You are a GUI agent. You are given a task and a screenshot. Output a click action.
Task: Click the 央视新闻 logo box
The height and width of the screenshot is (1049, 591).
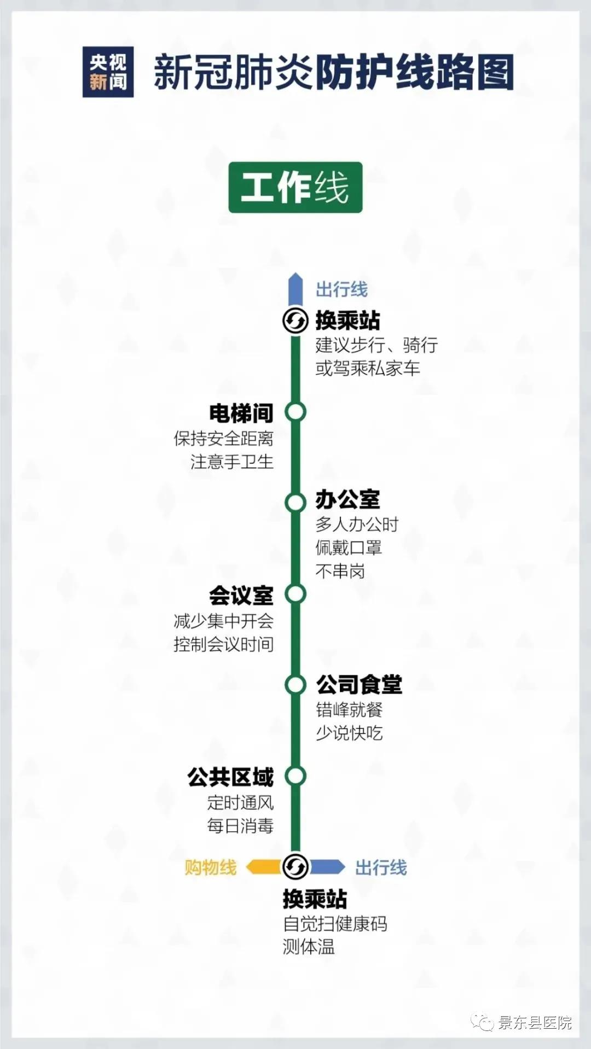108,72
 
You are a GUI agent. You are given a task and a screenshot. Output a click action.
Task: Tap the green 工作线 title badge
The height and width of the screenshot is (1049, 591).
296,187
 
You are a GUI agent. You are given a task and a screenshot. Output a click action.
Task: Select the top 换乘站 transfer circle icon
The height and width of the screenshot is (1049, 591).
296,320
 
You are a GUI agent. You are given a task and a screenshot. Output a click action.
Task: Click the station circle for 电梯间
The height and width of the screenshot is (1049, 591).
296,412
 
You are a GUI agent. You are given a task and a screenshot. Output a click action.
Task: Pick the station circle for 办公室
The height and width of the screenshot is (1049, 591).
296,503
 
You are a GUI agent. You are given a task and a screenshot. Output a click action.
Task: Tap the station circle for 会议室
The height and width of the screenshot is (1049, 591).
296,593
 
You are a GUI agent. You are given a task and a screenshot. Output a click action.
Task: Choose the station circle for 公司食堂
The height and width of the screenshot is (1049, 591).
296,684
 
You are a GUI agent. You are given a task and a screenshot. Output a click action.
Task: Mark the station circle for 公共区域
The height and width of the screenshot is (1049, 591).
296,776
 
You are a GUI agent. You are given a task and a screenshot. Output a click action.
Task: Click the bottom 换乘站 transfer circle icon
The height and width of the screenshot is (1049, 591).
296,866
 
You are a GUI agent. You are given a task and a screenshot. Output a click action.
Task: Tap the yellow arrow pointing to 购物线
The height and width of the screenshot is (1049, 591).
263,867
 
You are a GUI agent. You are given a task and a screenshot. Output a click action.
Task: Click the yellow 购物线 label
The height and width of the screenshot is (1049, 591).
211,867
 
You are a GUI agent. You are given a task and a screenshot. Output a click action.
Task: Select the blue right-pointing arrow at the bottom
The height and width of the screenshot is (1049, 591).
327,867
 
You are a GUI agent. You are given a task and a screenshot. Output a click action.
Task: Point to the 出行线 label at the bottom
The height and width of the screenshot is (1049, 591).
381,867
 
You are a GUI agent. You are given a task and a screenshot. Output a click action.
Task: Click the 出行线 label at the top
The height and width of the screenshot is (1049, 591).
341,289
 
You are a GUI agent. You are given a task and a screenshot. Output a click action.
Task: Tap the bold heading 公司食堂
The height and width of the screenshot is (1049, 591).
359,685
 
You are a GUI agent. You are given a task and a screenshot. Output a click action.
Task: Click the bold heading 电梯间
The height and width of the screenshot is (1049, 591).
241,413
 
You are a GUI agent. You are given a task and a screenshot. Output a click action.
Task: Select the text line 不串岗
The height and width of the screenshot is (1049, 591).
340,572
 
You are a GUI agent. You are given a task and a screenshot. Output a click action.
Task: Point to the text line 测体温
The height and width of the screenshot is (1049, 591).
308,947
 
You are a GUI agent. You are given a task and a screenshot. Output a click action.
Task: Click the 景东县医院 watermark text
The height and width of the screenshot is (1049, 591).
535,1023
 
